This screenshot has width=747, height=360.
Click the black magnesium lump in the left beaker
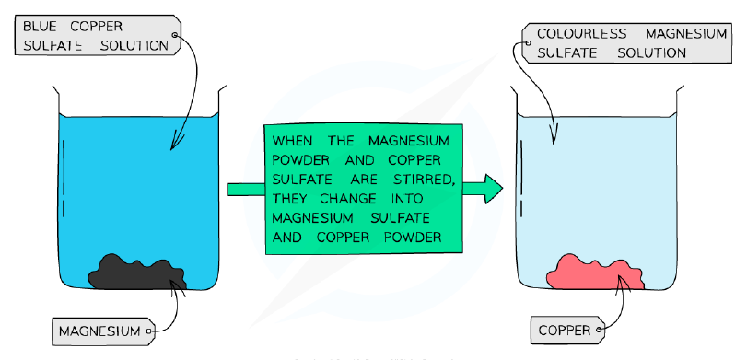tap(136, 272)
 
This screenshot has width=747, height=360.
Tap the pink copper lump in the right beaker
tap(596, 273)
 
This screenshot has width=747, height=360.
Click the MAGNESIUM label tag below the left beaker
tap(103, 331)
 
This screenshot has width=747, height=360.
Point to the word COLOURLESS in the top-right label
tap(581, 34)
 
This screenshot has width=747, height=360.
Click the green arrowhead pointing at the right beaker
tap(494, 189)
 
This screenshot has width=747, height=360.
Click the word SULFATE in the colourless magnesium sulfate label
tap(566, 52)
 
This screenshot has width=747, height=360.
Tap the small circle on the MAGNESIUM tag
tap(149, 331)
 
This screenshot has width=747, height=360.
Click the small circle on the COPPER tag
tap(599, 330)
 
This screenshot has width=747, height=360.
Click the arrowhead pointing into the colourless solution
tap(553, 135)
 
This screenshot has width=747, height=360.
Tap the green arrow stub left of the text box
tap(246, 190)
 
